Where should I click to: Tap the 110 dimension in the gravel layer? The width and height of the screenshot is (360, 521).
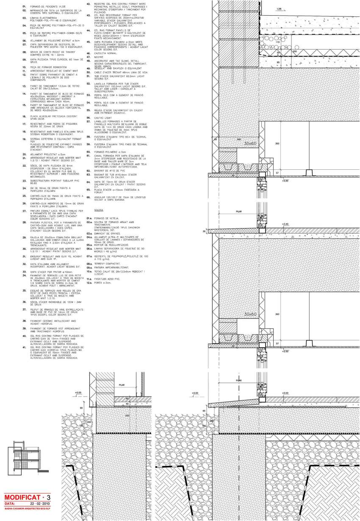coord(278,42)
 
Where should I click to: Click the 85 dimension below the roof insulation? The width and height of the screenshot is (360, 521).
coord(278,62)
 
